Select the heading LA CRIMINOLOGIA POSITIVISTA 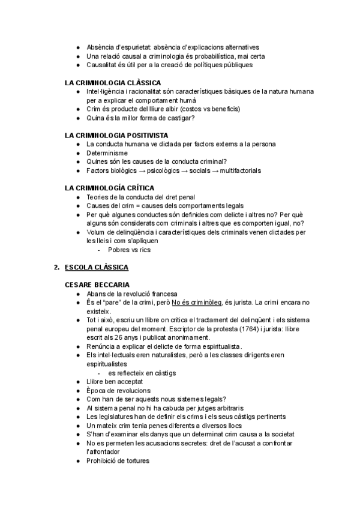click(x=116, y=136)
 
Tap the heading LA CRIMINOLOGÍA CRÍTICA click(x=110, y=188)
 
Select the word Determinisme click(x=107, y=153)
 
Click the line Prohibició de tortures click(x=118, y=460)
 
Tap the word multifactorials click(x=240, y=170)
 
